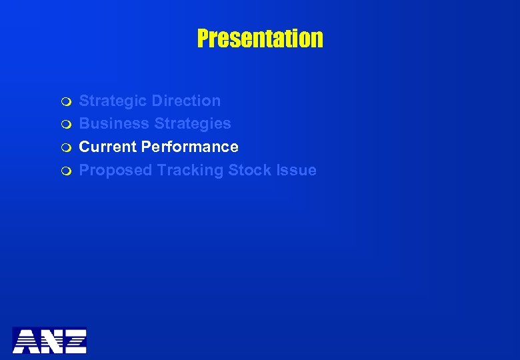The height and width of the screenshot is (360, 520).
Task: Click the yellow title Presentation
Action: [260, 39]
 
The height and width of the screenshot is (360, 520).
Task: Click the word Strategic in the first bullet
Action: [113, 101]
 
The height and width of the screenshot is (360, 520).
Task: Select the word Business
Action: [115, 124]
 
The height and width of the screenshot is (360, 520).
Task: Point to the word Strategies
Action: [193, 124]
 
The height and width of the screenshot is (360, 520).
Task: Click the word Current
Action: [108, 147]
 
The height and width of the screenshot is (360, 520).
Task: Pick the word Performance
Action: [190, 147]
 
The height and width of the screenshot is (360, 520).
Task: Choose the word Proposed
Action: [116, 171]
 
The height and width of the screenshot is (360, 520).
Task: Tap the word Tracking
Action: [191, 171]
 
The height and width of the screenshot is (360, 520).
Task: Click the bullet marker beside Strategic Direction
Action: [65, 102]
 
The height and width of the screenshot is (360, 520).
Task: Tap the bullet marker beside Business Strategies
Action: [65, 125]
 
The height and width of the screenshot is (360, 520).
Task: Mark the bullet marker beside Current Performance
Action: [65, 147]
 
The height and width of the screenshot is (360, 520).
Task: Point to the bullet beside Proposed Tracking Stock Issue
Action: [65, 171]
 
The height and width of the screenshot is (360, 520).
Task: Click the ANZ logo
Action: [49, 340]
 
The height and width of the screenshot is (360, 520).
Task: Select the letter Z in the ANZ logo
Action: [74, 341]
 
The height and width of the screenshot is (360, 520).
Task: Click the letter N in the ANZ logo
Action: [50, 341]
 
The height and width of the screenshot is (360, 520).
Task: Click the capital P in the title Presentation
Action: [203, 39]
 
